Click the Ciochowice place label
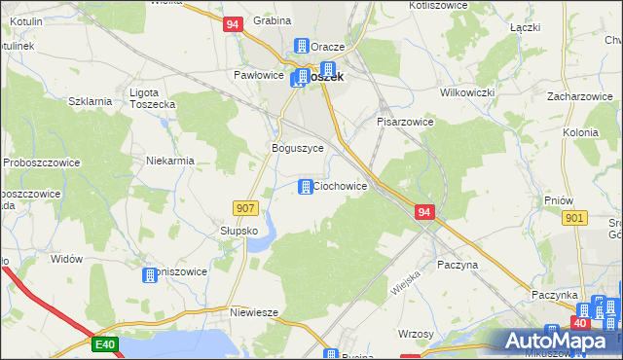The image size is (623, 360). pyautogui.click(x=340, y=186)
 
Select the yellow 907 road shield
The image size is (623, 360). pyautogui.click(x=245, y=207)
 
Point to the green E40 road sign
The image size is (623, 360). pyautogui.click(x=106, y=343)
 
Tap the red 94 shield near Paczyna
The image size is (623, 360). pyautogui.click(x=423, y=211)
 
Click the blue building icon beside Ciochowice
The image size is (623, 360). pyautogui.click(x=306, y=186)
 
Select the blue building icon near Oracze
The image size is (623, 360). pyautogui.click(x=301, y=47)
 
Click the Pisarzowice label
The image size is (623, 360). pyautogui.click(x=405, y=123)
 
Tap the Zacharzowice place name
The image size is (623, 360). pyautogui.click(x=578, y=97)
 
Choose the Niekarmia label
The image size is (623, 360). pyautogui.click(x=169, y=161)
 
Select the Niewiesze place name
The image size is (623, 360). pyautogui.click(x=255, y=312)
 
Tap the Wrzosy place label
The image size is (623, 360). pyautogui.click(x=416, y=334)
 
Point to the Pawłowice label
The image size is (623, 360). pyautogui.click(x=258, y=74)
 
